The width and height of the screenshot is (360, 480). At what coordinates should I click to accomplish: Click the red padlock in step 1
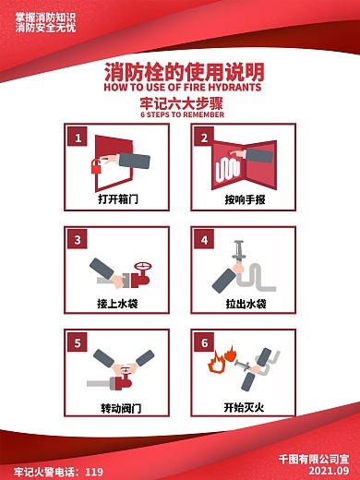(x=96, y=166)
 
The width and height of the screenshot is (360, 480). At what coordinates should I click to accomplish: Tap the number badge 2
(x=204, y=138)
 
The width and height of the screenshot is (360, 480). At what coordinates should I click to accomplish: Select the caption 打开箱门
(x=118, y=198)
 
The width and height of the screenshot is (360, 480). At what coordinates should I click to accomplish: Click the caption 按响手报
(x=245, y=199)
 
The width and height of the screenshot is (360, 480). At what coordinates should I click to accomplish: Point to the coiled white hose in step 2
(x=227, y=170)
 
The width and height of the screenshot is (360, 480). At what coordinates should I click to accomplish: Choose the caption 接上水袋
(x=117, y=304)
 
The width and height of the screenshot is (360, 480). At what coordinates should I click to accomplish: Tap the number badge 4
(x=204, y=239)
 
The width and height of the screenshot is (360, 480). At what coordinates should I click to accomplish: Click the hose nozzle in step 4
(x=238, y=252)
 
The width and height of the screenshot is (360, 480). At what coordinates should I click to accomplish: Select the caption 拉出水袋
(x=246, y=304)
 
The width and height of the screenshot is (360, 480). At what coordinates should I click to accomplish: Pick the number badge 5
(x=78, y=342)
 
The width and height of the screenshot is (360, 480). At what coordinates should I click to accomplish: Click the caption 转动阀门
(x=121, y=408)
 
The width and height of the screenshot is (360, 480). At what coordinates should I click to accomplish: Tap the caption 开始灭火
(x=244, y=408)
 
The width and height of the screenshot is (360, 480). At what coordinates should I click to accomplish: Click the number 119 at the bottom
(x=94, y=472)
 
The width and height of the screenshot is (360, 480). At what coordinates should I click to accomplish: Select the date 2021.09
(x=329, y=471)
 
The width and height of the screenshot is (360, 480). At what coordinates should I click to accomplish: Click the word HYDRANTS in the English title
(x=234, y=87)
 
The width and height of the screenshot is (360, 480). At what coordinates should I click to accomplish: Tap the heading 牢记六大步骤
(x=182, y=103)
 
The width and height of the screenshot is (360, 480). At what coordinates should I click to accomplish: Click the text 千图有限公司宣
(x=314, y=459)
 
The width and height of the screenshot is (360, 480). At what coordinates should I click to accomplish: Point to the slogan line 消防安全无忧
(x=45, y=28)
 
